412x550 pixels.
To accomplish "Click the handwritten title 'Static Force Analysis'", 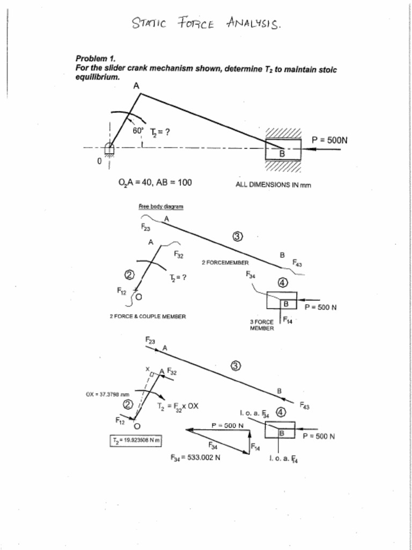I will [x=207, y=24].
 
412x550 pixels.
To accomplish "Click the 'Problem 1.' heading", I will [x=95, y=58].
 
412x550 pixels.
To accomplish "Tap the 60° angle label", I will [x=138, y=131].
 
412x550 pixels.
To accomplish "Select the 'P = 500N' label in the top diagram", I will [x=329, y=140].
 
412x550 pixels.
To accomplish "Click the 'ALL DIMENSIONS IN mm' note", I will [x=273, y=185].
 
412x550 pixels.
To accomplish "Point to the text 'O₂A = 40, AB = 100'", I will [x=154, y=183].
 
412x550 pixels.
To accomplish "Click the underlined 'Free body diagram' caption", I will [x=161, y=206].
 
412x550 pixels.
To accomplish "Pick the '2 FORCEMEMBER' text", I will [x=225, y=263].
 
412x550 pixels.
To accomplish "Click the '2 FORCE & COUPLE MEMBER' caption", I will [x=148, y=316].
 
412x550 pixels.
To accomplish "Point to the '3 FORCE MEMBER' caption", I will [x=262, y=325].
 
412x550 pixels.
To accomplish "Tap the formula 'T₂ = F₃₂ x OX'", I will [x=178, y=406].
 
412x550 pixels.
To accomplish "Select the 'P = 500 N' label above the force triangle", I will [x=227, y=425].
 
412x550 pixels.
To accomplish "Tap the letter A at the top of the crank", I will [x=136, y=85].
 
